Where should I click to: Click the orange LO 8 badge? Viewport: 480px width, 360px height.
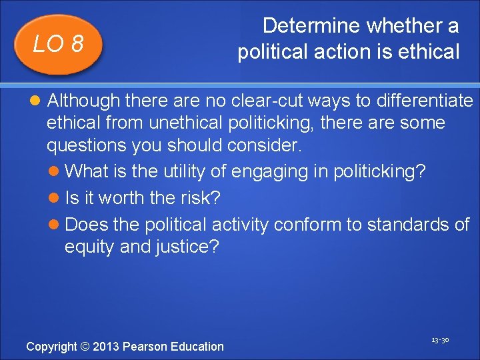[x=58, y=44]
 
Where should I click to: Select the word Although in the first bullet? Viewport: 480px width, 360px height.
[x=83, y=101]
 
